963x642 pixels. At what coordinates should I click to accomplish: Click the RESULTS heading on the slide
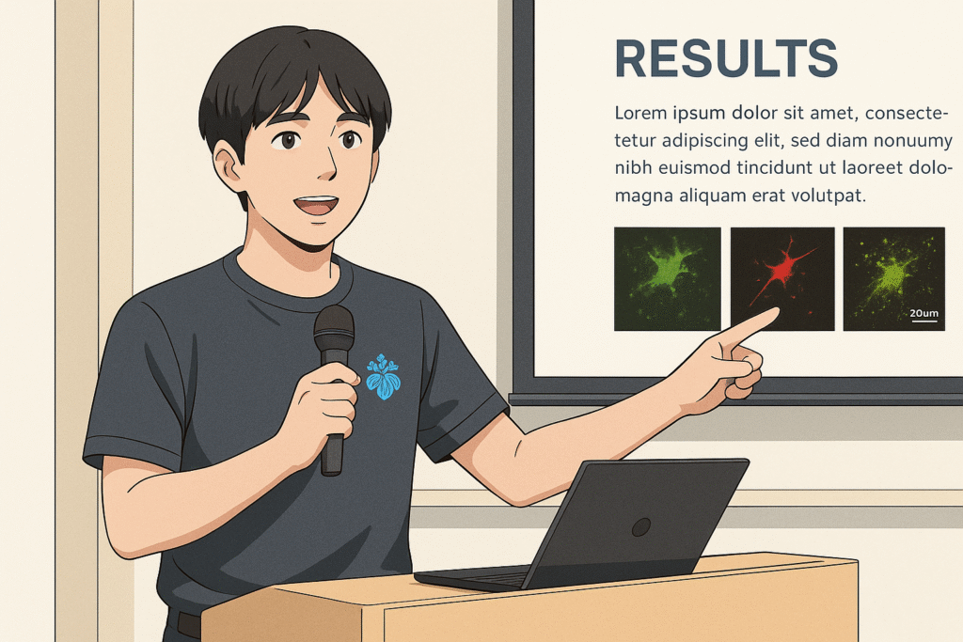click(x=726, y=58)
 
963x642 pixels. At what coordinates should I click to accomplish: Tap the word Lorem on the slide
click(x=640, y=113)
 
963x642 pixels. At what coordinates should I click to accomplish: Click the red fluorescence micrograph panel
click(x=781, y=278)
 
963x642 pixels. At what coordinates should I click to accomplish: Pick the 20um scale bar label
click(x=924, y=313)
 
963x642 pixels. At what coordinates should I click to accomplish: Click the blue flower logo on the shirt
click(x=384, y=377)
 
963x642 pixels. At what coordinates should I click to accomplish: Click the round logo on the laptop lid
click(x=641, y=527)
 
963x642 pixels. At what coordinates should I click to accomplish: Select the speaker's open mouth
click(x=316, y=205)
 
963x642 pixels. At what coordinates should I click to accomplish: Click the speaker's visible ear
click(x=229, y=167)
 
